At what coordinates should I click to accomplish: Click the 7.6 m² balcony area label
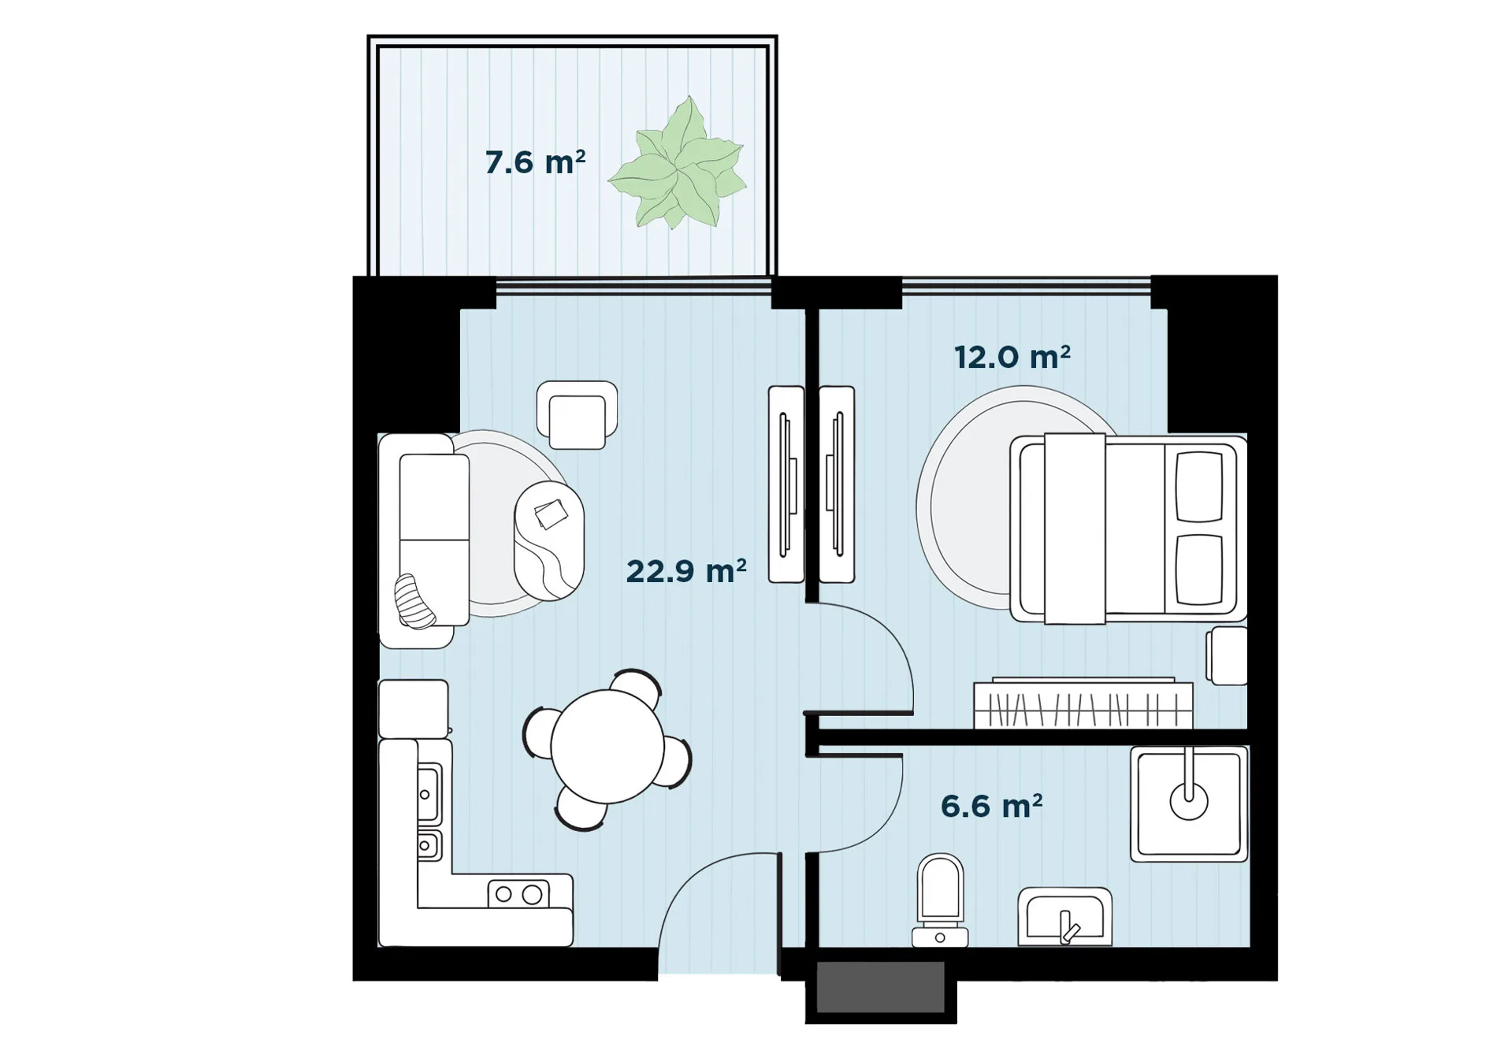coord(535,162)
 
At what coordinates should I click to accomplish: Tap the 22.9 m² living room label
coord(686,571)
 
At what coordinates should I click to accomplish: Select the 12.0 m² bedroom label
coord(1012,357)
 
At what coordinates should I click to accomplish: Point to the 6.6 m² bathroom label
coord(992,806)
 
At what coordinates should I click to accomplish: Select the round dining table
coord(607,747)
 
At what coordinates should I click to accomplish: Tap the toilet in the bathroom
coord(940,900)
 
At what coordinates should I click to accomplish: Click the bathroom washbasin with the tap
coord(1064,917)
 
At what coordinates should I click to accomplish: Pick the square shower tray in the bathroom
coord(1189,803)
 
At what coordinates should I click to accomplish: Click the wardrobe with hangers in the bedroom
coord(1083,703)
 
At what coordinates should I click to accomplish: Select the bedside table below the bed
coord(1228,655)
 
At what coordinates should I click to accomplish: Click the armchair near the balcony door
coord(578,415)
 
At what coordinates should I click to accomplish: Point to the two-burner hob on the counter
coord(518,893)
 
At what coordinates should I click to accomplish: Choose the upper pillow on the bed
coord(1199,487)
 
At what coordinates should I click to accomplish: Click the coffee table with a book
coord(549,540)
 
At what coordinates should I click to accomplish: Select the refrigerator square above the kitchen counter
coord(414,709)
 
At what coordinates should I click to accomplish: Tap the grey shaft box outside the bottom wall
coord(881,986)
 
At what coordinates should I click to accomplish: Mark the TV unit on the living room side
coord(786,484)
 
